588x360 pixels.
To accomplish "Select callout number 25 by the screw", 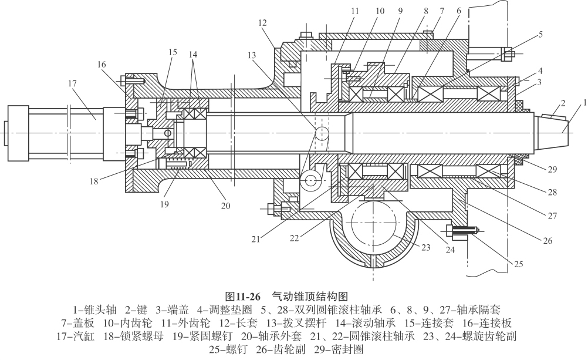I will (518, 264).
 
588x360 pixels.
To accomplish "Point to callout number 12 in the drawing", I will (262, 23).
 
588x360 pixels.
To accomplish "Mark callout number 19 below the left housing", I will (164, 204).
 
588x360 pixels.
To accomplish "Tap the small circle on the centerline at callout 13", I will (322, 133).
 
